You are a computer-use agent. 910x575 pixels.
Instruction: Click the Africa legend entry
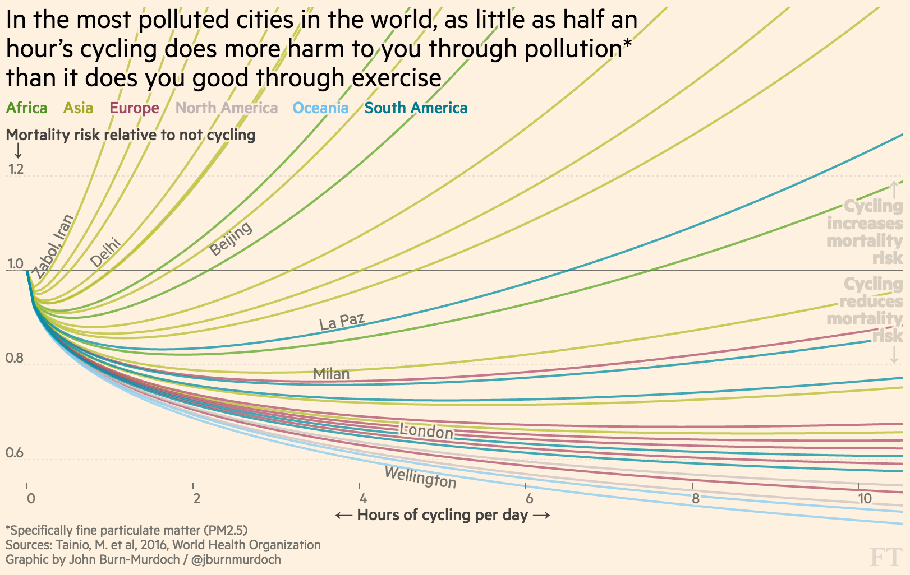point(26,108)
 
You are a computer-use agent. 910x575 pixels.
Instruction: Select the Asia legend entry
point(78,108)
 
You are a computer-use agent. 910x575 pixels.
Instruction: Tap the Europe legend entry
point(134,108)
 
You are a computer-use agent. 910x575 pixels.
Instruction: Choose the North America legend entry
point(227,108)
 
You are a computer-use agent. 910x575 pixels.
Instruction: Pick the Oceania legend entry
point(320,108)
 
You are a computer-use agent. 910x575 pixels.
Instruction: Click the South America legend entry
point(416,108)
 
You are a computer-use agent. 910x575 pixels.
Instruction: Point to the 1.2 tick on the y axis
point(16,169)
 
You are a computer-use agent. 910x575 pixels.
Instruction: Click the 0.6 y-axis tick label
point(15,453)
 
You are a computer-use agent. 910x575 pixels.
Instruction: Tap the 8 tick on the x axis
point(696,498)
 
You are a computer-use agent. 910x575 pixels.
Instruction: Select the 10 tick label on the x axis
point(865,498)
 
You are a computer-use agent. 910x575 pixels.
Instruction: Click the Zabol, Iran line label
point(53,246)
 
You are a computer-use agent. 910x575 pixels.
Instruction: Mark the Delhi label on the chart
point(105,252)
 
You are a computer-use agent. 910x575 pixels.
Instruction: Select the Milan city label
point(331,374)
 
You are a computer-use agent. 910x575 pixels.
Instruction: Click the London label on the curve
point(426,431)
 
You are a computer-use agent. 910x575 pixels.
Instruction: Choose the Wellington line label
point(420,477)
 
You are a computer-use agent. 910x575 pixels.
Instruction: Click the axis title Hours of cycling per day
point(442,515)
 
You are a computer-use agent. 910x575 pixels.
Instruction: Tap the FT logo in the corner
point(885,557)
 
